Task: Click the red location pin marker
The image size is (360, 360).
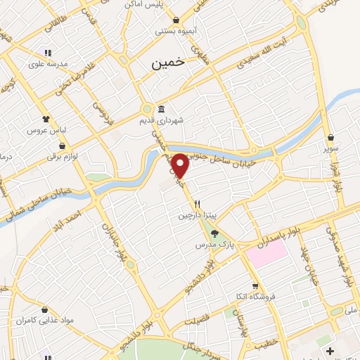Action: tap(180, 166)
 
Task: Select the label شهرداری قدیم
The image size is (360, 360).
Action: tap(181, 121)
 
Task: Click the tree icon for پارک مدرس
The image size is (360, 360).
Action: tap(214, 235)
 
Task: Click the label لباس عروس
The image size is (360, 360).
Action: tap(46, 131)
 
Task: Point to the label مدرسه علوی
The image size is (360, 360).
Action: tap(48, 63)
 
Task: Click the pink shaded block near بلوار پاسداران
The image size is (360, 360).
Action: tap(266, 252)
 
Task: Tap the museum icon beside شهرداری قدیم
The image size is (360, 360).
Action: tap(162, 110)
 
